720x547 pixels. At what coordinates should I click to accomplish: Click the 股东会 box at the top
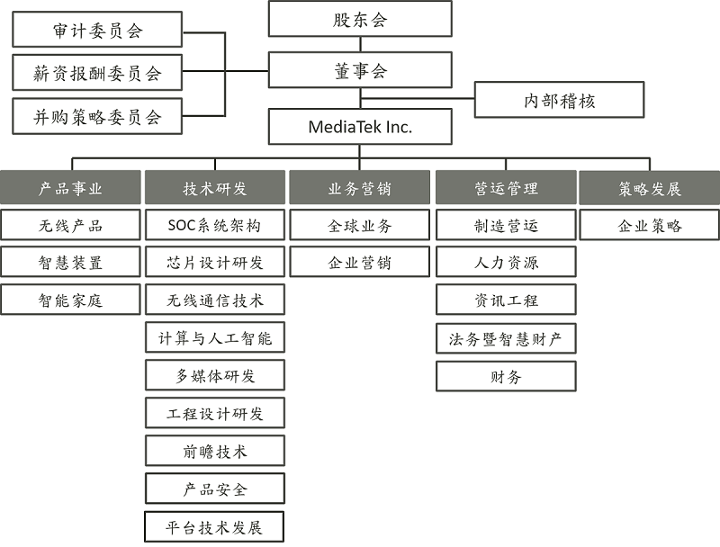360,19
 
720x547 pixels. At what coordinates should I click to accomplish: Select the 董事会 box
360,70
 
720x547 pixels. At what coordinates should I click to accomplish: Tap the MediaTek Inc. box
360,126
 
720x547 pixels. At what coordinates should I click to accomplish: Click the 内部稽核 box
559,100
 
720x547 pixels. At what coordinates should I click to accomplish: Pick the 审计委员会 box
97,30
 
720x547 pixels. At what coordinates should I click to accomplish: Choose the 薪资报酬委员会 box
97,73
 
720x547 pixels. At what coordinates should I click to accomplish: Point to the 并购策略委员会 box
97,117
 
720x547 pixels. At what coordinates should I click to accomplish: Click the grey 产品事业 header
70,187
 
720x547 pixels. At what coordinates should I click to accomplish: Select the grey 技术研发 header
215,187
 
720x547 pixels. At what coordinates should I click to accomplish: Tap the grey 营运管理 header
506,187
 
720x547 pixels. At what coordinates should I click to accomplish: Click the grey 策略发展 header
650,187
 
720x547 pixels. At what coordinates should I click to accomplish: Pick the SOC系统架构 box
215,225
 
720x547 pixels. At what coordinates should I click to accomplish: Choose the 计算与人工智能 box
215,337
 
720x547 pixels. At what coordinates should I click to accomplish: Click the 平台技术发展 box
214,527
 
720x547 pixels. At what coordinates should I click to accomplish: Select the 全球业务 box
359,225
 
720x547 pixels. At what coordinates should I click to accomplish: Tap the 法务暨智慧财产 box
506,338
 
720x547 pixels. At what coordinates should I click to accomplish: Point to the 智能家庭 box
70,300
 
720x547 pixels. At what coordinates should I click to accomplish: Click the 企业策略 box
650,225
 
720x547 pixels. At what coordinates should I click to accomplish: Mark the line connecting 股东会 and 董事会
361,44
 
